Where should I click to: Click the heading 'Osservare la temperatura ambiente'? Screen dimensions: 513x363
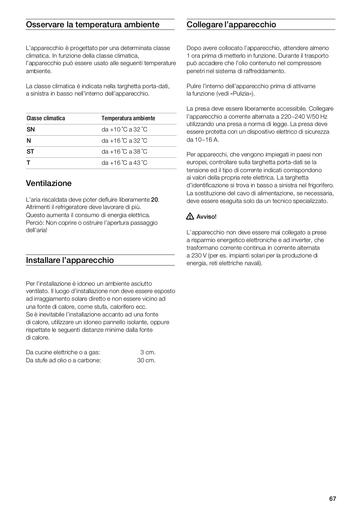(x=92, y=25)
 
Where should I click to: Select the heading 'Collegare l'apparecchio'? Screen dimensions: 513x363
(x=231, y=25)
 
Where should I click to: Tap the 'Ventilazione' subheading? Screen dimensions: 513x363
(x=49, y=183)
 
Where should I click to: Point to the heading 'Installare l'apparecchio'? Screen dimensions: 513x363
(x=70, y=260)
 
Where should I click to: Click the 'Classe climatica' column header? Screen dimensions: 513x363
(x=46, y=118)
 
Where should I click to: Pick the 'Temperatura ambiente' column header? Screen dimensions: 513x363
(x=128, y=118)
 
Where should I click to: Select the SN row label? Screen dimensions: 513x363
(x=31, y=130)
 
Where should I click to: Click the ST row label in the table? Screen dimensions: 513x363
(x=30, y=152)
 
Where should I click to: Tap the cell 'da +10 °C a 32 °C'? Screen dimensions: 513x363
(x=124, y=130)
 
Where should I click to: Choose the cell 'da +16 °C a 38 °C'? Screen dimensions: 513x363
(x=124, y=152)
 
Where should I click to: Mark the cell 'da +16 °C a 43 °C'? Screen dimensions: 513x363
(x=124, y=163)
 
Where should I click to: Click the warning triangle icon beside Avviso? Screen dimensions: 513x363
(x=190, y=216)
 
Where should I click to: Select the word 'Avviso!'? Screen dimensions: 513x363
(x=207, y=217)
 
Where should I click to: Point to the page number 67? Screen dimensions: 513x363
(x=333, y=499)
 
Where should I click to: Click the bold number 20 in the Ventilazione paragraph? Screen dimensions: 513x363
(x=155, y=200)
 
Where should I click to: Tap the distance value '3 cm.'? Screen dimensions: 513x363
(x=148, y=352)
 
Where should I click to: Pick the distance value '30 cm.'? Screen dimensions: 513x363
(x=146, y=360)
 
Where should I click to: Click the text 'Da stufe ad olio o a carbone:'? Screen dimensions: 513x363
(x=63, y=360)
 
